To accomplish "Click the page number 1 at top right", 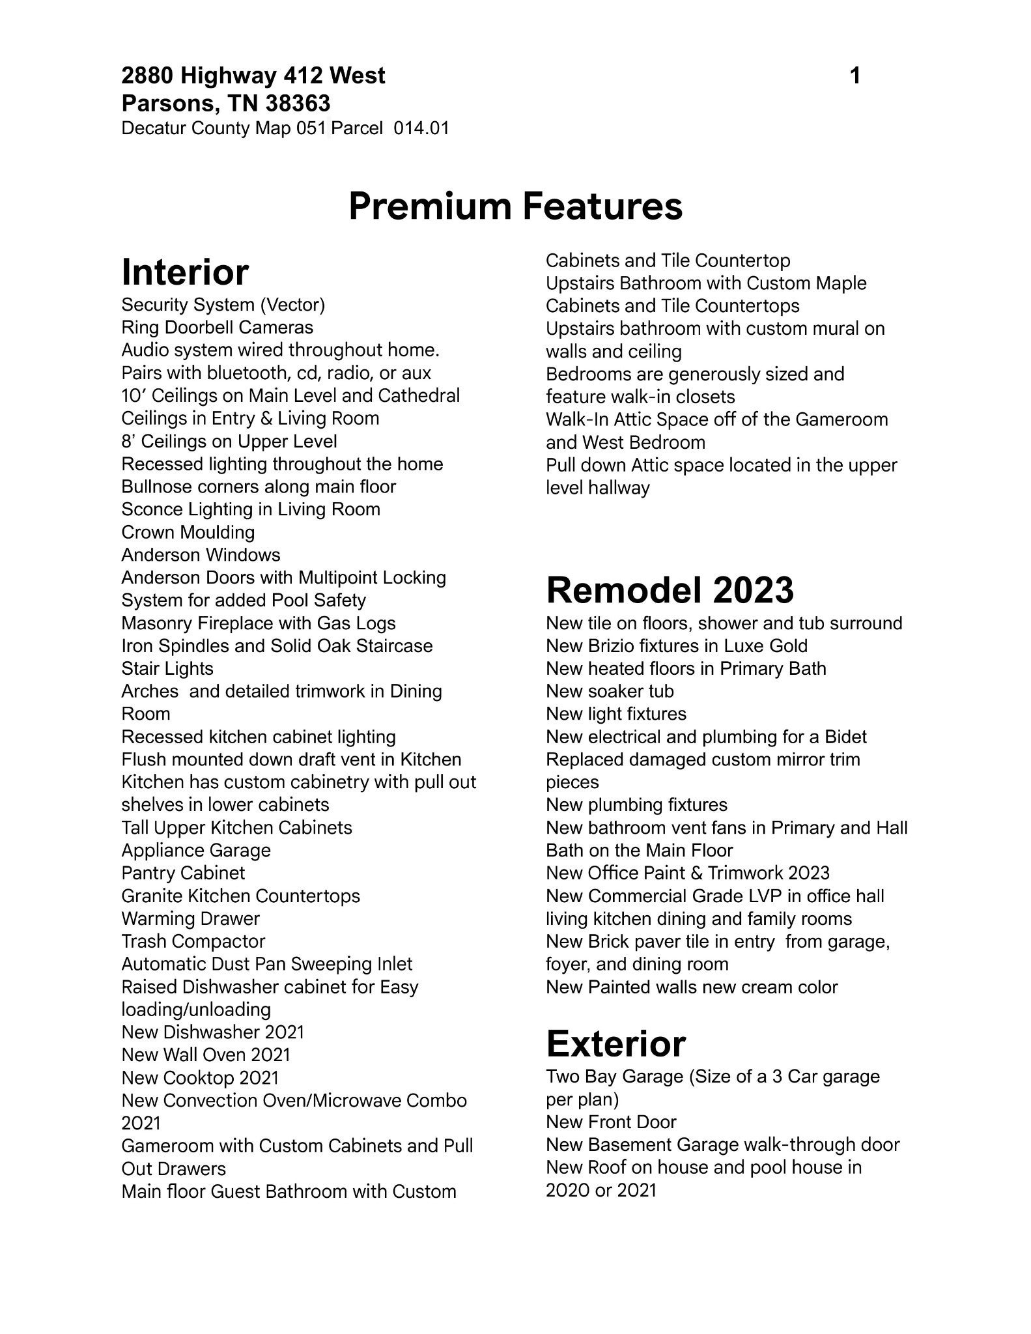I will tap(855, 76).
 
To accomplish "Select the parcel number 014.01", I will tap(421, 128).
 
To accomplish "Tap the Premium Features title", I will tap(515, 206).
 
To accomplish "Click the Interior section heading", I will tap(185, 272).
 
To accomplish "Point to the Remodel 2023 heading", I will tap(670, 590).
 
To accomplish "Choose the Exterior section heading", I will tap(615, 1044).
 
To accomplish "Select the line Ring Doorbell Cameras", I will tap(217, 328).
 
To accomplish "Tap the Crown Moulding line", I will tap(188, 532).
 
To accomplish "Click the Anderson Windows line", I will tap(201, 555).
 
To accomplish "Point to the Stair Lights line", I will tap(167, 669).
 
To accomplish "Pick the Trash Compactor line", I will tap(193, 942).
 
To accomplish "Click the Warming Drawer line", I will tap(190, 919).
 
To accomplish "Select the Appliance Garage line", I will tap(196, 851).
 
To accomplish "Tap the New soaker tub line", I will tap(610, 691).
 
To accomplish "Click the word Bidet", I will tap(845, 737).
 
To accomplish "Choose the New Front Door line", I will tap(611, 1122).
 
